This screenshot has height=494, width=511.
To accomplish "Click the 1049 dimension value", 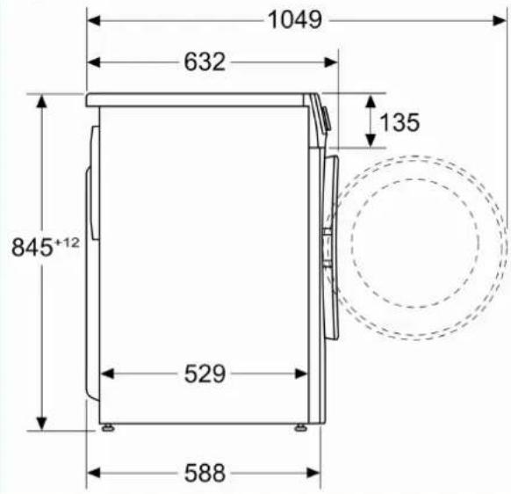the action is click(x=295, y=20).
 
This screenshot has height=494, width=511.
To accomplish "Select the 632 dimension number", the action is click(x=205, y=62).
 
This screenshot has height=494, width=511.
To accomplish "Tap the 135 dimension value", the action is click(x=399, y=122).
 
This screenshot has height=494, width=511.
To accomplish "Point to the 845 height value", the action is click(x=32, y=247).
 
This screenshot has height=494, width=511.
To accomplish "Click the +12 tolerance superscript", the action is click(x=67, y=243).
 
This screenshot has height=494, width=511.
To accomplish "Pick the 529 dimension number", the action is click(x=205, y=374).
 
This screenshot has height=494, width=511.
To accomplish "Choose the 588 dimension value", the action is click(x=205, y=473).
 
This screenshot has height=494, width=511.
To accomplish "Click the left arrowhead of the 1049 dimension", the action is click(x=94, y=20).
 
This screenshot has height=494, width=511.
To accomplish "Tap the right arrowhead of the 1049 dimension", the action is click(x=500, y=20).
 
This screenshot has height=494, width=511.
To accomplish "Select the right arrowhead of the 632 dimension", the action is click(x=331, y=62).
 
